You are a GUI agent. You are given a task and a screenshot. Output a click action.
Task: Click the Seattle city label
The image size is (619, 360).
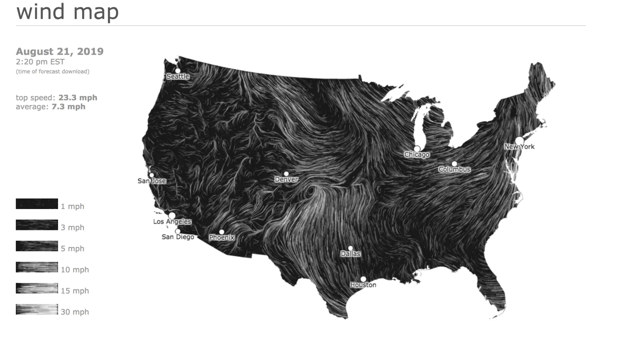coord(178,77)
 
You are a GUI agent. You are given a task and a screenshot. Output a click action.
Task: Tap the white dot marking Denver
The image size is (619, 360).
coord(286,174)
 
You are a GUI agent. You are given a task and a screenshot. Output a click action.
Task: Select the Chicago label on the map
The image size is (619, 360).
coord(417,155)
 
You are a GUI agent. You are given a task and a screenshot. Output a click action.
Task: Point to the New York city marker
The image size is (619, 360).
coord(519,140)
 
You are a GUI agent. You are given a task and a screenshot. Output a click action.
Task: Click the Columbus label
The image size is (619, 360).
coord(454,170)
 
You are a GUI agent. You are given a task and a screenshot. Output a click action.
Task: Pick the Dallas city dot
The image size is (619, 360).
coord(351,248)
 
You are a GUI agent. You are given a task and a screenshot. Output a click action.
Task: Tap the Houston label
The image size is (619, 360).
coord(363,285)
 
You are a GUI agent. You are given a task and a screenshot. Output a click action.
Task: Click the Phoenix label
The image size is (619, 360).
coord(222,237)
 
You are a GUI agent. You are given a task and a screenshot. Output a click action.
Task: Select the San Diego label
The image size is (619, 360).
coord(178,237)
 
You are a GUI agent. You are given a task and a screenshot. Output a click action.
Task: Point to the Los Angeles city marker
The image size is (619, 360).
coord(172,216)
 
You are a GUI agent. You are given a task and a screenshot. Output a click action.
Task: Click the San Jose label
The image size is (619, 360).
coord(152,181)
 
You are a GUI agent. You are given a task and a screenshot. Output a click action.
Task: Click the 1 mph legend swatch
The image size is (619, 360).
coord(37,204)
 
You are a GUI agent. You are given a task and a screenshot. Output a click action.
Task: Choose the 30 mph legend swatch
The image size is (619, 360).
coord(37,309)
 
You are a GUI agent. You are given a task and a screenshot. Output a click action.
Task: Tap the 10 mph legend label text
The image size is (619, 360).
coord(75,270)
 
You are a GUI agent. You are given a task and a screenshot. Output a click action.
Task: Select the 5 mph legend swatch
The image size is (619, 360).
coord(37,246)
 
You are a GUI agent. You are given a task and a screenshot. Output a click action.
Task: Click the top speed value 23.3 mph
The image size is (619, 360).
coord(78,98)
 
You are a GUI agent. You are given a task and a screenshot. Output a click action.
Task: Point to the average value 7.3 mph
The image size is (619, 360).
coord(68,106)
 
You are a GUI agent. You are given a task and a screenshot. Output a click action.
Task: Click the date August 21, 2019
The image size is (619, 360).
coord(60,51)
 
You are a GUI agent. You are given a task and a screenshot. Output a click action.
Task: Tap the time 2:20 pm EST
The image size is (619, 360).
coord(40,62)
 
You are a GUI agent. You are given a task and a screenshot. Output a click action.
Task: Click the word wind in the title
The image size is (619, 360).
coord(41,12)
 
